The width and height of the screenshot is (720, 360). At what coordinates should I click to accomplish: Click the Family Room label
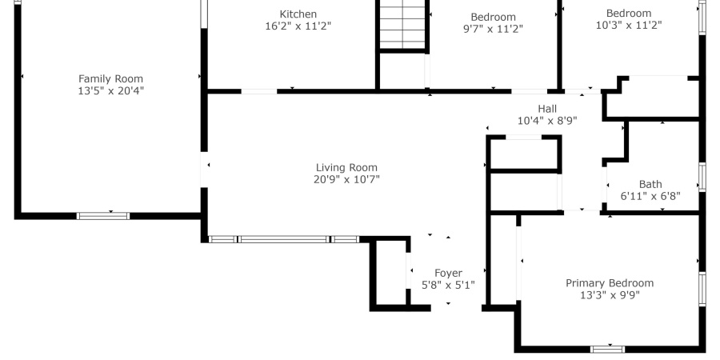(x=110, y=78)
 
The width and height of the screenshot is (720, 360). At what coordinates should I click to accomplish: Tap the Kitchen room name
(x=298, y=14)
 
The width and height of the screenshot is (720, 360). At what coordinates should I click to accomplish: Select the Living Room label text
(x=346, y=167)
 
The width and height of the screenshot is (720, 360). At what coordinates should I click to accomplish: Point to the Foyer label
(x=448, y=273)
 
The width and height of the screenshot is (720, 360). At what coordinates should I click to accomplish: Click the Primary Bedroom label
(x=609, y=283)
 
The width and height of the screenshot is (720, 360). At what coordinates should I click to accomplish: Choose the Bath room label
(x=650, y=184)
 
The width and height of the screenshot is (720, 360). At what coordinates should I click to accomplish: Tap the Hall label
(x=547, y=109)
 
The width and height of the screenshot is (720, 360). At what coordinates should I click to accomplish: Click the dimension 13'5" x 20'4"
(x=110, y=90)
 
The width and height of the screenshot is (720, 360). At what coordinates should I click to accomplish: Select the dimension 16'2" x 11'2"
(x=298, y=26)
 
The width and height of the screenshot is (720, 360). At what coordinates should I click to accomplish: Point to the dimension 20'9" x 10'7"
(x=346, y=179)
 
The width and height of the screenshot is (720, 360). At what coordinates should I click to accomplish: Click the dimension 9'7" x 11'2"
(x=493, y=29)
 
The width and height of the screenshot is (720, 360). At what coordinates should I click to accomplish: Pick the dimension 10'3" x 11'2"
(x=628, y=25)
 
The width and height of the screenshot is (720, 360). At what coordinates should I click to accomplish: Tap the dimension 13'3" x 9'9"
(x=609, y=295)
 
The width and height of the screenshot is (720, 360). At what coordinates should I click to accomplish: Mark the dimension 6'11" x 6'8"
(x=650, y=196)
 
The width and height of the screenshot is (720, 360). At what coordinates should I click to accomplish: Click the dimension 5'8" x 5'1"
(x=448, y=285)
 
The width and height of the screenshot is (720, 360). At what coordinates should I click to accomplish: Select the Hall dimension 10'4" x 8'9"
(x=547, y=121)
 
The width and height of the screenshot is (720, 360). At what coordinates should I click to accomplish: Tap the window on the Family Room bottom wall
(x=103, y=215)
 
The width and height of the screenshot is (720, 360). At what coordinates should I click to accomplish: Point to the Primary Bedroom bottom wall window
(x=608, y=348)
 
